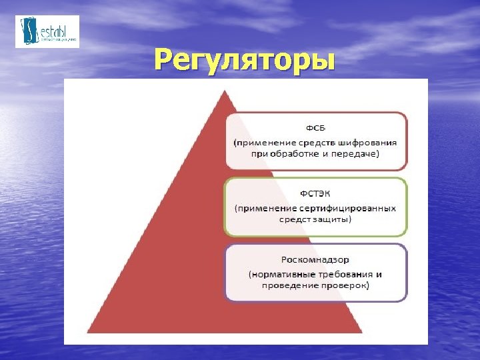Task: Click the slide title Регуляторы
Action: [x=243, y=59]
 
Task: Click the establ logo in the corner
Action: [x=47, y=31]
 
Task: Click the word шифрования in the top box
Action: [x=371, y=142]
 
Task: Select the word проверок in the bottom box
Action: [x=348, y=285]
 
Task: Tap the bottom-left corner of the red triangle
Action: [x=89, y=332]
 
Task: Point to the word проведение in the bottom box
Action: [x=292, y=285]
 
